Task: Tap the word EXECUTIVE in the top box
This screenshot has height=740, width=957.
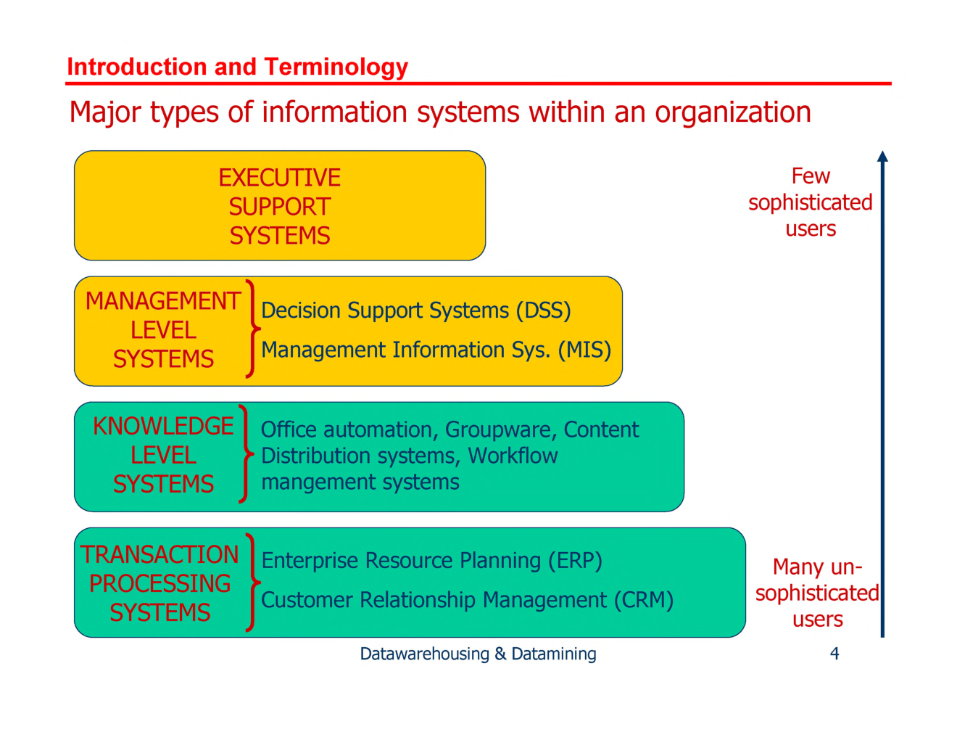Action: tap(280, 178)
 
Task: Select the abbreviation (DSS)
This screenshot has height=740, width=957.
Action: tap(543, 311)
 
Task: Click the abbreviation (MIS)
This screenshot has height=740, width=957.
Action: tap(584, 350)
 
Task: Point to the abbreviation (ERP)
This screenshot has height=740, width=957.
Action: tap(575, 561)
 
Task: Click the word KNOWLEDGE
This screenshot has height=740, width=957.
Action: tap(163, 426)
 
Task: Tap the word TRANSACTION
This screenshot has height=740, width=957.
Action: tap(159, 554)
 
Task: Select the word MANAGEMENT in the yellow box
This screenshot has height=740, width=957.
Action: tap(163, 301)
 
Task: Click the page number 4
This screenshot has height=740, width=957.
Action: tap(834, 654)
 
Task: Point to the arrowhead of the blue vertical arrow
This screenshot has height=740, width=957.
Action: tap(882, 156)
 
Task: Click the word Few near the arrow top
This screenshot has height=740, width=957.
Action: tap(811, 176)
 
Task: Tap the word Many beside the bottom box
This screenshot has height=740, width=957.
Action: tap(797, 567)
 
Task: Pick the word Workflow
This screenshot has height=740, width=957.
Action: tap(513, 456)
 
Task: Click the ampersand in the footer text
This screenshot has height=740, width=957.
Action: tap(500, 654)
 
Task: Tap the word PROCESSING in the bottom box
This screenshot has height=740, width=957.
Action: tap(159, 583)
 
